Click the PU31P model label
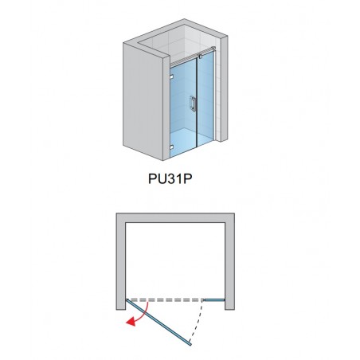click(170, 178)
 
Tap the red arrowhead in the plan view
click(130, 322)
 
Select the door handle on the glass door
click(193, 103)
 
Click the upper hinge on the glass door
click(171, 77)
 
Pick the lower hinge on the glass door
click(171, 147)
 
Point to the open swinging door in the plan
click(158, 323)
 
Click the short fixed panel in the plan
click(214, 300)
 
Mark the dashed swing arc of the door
click(198, 320)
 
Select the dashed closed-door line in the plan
click(165, 299)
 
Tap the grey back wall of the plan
click(175, 217)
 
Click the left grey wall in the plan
click(121, 261)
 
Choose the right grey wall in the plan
click(229, 261)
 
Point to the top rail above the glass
click(192, 57)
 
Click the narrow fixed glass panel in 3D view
click(205, 98)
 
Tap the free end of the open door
click(190, 344)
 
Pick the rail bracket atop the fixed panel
click(200, 56)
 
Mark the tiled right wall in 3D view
click(218, 88)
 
